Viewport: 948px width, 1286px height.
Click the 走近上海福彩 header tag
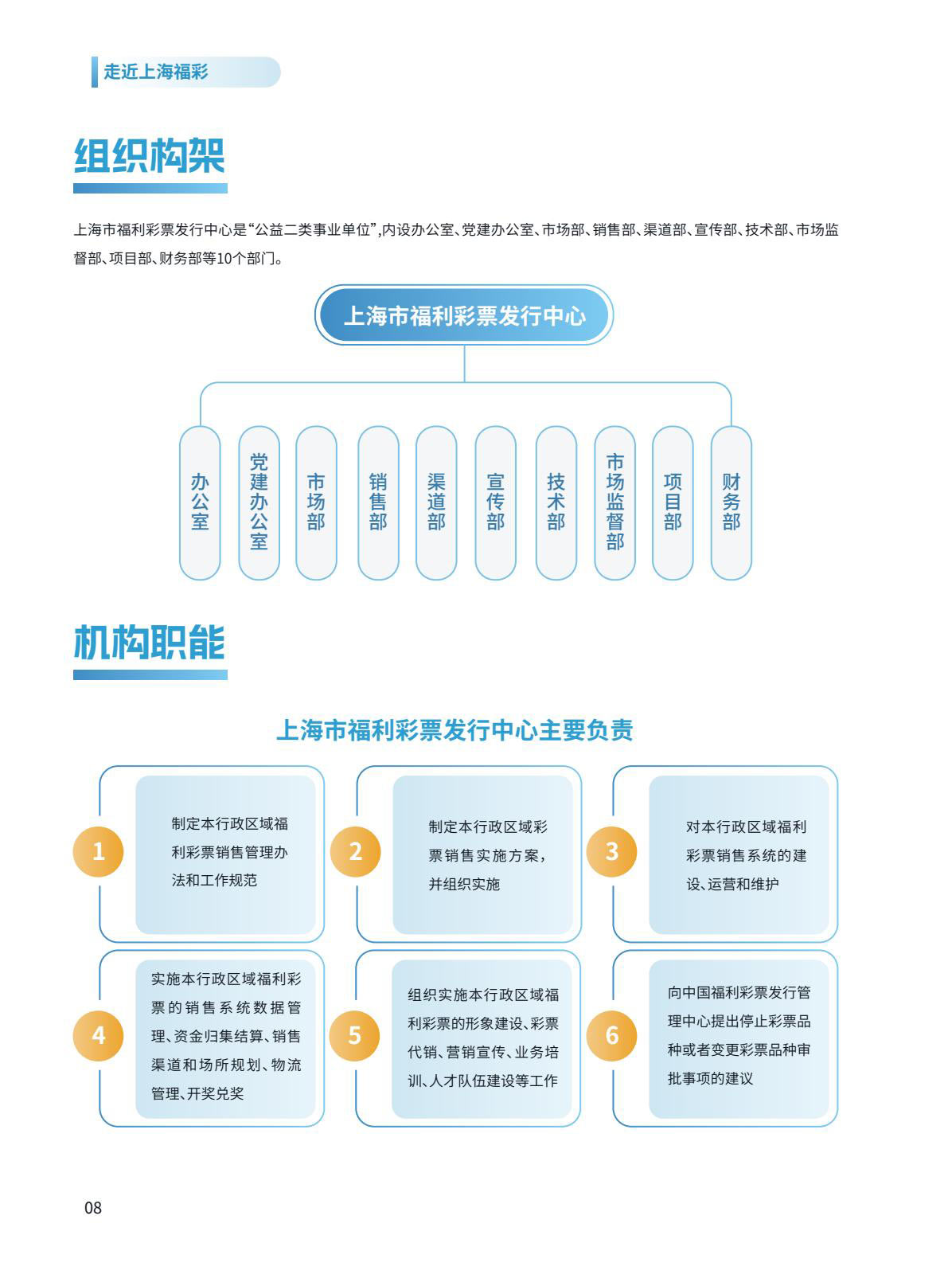click(185, 72)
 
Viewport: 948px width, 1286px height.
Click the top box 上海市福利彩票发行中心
click(464, 315)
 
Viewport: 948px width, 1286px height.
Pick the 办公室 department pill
click(200, 502)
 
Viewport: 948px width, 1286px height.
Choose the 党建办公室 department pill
click(259, 502)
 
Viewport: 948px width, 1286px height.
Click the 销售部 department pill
click(378, 502)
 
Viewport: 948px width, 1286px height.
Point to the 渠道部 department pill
click(436, 502)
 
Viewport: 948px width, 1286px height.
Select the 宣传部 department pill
click(495, 502)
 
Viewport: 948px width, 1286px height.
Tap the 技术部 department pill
click(556, 502)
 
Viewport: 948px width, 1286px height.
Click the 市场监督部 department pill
click(614, 502)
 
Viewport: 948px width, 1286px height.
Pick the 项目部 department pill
click(673, 502)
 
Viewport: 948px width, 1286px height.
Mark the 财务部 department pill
click(731, 502)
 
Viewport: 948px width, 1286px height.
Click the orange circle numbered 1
click(98, 850)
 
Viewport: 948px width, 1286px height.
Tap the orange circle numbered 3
click(612, 850)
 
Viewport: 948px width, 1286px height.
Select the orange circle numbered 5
click(355, 1035)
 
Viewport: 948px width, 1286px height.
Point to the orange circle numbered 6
click(612, 1035)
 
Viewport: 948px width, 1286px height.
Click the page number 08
click(93, 1208)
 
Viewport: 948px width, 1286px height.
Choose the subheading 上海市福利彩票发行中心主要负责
click(455, 730)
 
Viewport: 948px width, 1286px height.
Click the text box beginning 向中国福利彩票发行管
click(739, 1039)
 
